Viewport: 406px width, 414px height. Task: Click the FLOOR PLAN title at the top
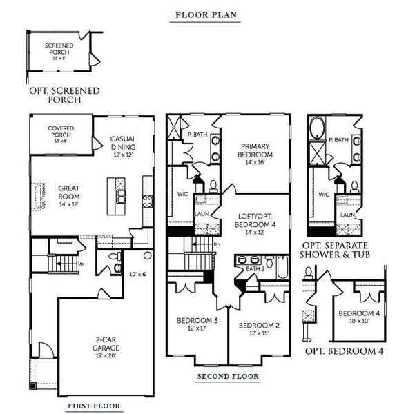tap(204, 14)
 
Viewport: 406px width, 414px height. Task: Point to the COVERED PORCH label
tap(61, 131)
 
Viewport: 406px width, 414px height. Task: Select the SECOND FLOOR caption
tap(228, 377)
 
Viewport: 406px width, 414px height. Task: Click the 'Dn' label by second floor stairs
tap(217, 244)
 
